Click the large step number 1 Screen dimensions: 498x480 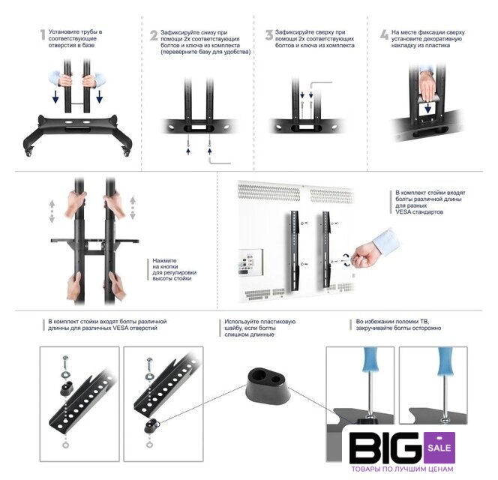pyautogui.click(x=43, y=35)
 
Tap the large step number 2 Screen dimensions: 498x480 pyautogui.click(x=154, y=35)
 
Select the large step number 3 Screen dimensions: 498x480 pyautogui.click(x=269, y=35)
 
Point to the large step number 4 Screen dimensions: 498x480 pyautogui.click(x=384, y=35)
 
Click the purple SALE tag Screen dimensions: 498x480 pyautogui.click(x=439, y=447)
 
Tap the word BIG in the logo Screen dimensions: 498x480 pyautogui.click(x=386, y=448)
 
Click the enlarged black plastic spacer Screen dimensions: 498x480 pyautogui.click(x=268, y=385)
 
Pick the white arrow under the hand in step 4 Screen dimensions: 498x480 pyautogui.click(x=427, y=108)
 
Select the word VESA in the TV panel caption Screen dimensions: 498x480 pyautogui.click(x=404, y=212)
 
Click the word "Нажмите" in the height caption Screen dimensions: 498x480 pyautogui.click(x=164, y=261)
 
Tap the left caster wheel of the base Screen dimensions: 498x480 pyautogui.click(x=28, y=152)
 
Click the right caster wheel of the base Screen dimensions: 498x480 pyautogui.click(x=126, y=152)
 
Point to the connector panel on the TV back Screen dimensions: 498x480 pyautogui.click(x=250, y=262)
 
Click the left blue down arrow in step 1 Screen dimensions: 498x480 pyautogui.click(x=55, y=97)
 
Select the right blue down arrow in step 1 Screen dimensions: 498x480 pyautogui.click(x=100, y=97)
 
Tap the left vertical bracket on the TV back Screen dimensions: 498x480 pyautogui.click(x=295, y=250)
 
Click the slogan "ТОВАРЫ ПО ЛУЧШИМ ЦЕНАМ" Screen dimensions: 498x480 pyautogui.click(x=402, y=469)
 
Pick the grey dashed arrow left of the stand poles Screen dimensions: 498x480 pyautogui.click(x=52, y=211)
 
